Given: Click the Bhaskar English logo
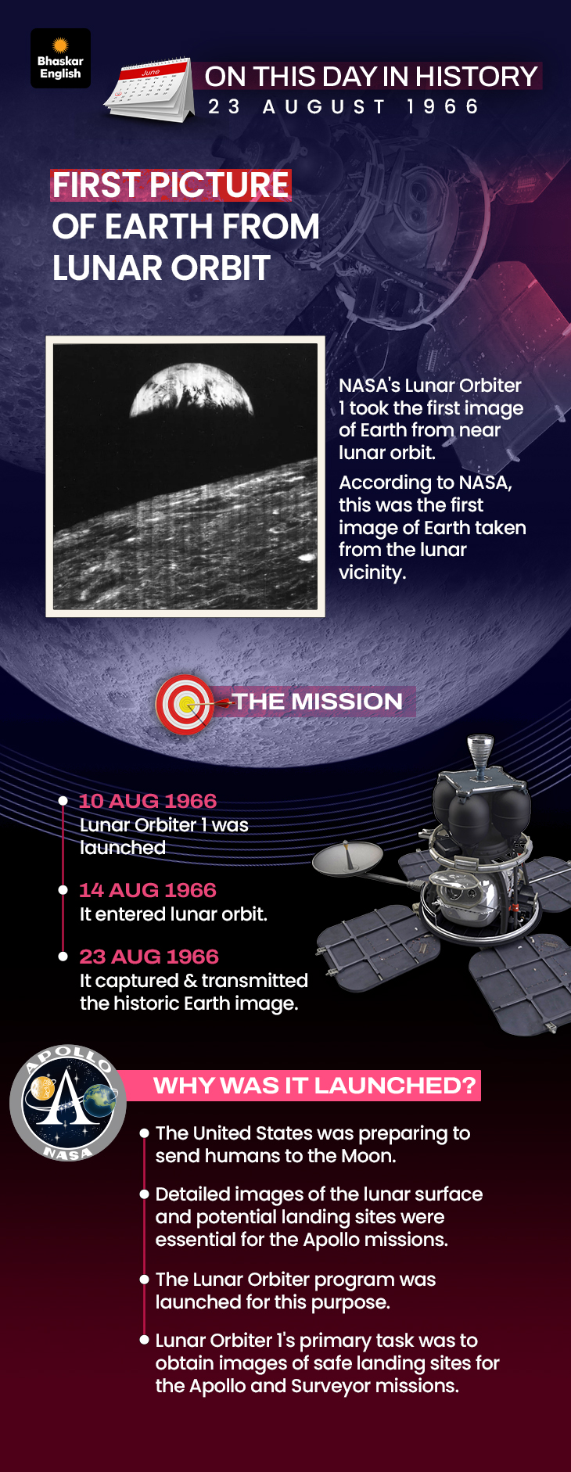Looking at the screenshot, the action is [x=61, y=59].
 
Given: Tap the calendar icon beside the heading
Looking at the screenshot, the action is [x=149, y=90].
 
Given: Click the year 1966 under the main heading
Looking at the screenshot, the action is [x=443, y=106].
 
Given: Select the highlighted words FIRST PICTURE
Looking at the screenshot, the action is [x=171, y=185].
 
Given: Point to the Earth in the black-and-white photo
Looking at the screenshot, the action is [x=192, y=389].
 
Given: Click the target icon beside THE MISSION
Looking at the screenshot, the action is [x=185, y=704].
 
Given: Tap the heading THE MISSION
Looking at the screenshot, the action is [x=317, y=702].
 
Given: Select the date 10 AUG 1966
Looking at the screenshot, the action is [x=148, y=801].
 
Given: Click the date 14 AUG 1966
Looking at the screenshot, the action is [x=148, y=890].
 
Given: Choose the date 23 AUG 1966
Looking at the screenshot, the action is [x=149, y=957].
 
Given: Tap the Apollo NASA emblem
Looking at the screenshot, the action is [x=68, y=1103].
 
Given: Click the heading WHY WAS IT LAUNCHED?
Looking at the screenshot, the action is [x=314, y=1086].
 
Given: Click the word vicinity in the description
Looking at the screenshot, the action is [x=372, y=573].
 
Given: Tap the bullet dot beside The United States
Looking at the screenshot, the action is [x=144, y=1133].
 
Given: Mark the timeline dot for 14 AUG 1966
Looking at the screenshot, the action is [x=63, y=890].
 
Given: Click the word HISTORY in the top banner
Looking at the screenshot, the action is [x=476, y=77].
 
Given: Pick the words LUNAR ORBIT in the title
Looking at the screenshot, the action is [x=161, y=268].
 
